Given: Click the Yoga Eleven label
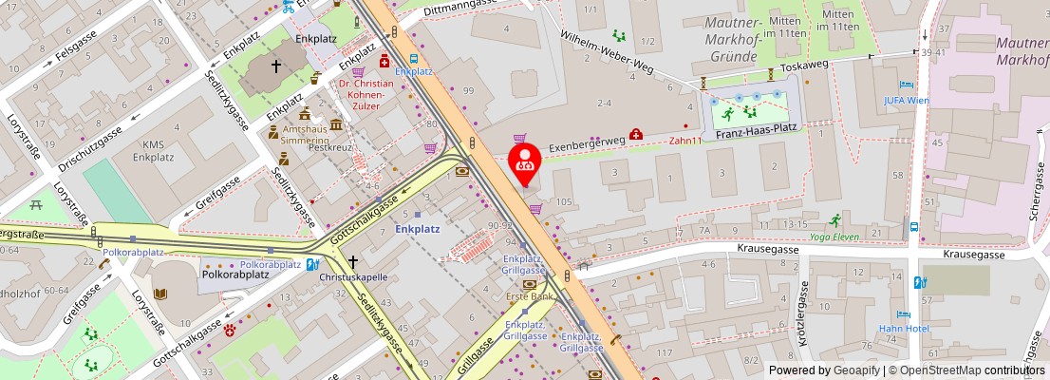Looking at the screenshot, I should tap(834, 237).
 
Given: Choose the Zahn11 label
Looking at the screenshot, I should tap(684, 141).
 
